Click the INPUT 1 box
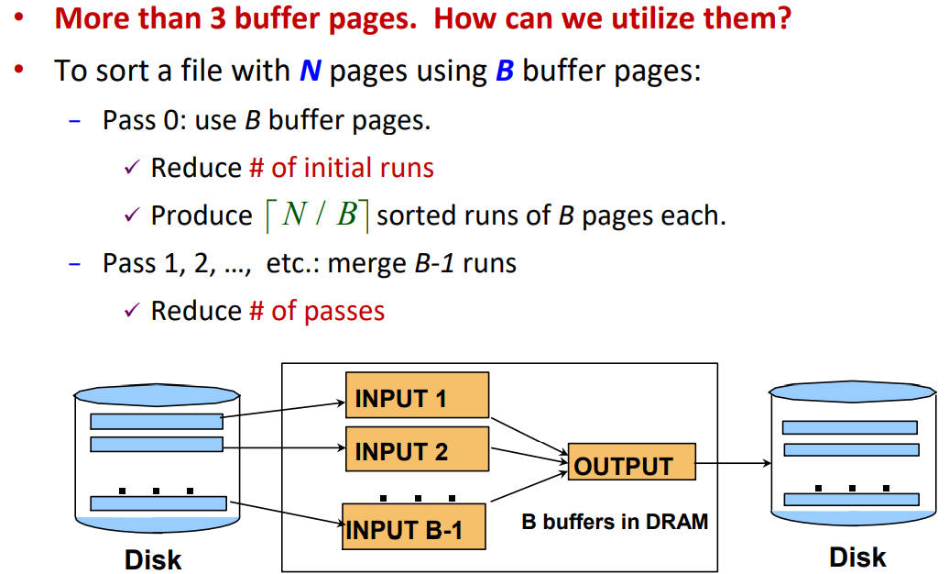(x=417, y=398)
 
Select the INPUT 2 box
(x=417, y=450)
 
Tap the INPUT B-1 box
(x=413, y=527)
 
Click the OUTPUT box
(x=631, y=465)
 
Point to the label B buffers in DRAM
(x=615, y=522)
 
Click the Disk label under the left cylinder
(x=153, y=558)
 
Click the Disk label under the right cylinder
(x=857, y=556)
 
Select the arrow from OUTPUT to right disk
(x=733, y=463)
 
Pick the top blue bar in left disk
(x=156, y=421)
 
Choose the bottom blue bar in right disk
(x=850, y=499)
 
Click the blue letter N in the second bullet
(x=310, y=72)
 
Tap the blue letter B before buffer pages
(x=505, y=72)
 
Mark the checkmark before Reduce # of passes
(x=131, y=312)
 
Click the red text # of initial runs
(x=342, y=168)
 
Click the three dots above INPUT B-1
(x=418, y=498)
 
